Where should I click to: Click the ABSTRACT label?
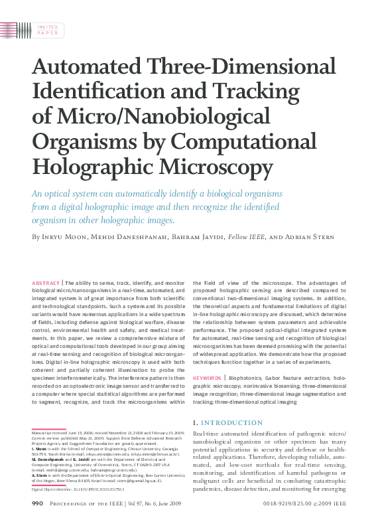[44, 283]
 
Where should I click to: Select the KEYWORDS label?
[207, 378]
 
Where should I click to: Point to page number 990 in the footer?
[38, 505]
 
